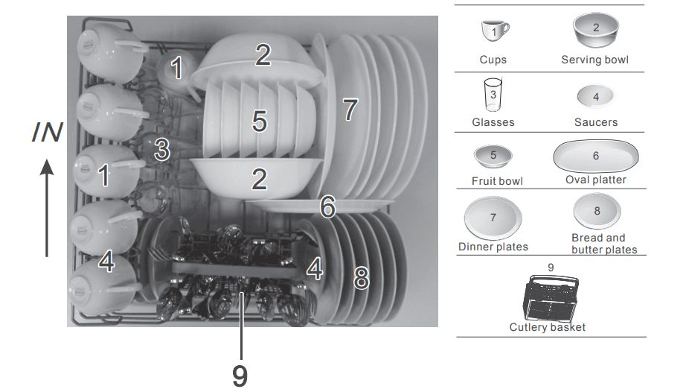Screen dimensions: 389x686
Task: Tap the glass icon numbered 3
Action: [x=493, y=96]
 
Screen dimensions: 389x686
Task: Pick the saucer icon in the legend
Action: [x=596, y=97]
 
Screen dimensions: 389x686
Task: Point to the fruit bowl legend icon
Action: [x=493, y=156]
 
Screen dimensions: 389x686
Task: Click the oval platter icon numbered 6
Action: [x=596, y=156]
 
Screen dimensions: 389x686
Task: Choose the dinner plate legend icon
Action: [x=493, y=218]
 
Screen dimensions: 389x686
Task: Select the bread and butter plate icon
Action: [x=597, y=212]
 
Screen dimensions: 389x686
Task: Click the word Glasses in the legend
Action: [x=493, y=121]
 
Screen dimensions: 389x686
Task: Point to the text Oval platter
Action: [x=596, y=180]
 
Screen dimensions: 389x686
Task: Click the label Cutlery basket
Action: [x=548, y=327]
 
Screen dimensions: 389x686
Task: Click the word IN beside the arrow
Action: [x=47, y=133]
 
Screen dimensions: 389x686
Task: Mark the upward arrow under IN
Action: [x=47, y=209]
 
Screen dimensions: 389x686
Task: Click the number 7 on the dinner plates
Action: [x=350, y=110]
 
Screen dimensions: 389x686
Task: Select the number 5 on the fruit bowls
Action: [x=259, y=121]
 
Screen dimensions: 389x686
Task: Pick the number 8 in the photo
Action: [x=361, y=278]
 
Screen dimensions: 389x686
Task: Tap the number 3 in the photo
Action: [x=161, y=149]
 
